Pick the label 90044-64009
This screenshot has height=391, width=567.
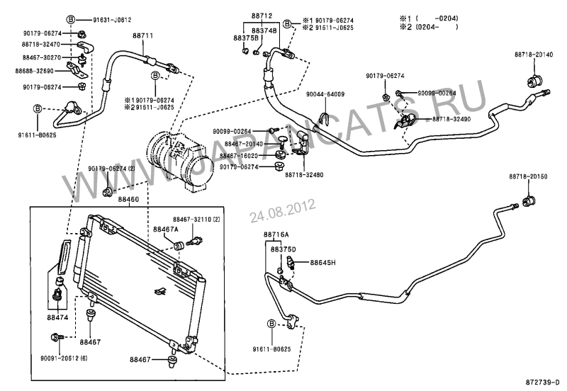coord(325,94)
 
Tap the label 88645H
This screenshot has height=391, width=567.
coord(322,263)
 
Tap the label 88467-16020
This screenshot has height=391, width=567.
coord(241,155)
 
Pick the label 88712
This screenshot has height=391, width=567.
coord(262,14)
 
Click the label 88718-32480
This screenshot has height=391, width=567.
coord(305,174)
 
